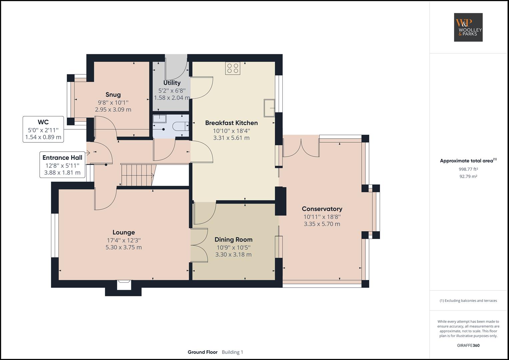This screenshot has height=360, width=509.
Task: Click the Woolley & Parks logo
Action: click(x=468, y=27)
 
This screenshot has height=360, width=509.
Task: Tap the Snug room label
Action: click(x=113, y=95)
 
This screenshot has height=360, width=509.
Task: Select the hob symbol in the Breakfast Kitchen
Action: click(x=233, y=68)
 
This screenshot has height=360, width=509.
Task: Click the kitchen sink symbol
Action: click(x=269, y=108)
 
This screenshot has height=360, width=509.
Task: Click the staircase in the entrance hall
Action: click(x=137, y=175)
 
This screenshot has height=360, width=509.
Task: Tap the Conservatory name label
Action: click(x=322, y=209)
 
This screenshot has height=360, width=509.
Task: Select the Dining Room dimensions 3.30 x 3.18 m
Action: click(x=233, y=255)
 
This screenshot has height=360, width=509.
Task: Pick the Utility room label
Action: click(x=172, y=83)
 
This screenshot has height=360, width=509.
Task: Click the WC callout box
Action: click(x=43, y=130)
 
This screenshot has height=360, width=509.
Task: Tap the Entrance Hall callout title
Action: click(x=62, y=158)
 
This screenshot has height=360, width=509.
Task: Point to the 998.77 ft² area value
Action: click(x=468, y=169)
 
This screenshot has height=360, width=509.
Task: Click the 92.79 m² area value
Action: click(x=468, y=176)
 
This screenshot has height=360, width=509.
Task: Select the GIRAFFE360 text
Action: click(x=468, y=345)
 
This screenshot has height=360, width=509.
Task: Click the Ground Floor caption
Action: click(x=202, y=352)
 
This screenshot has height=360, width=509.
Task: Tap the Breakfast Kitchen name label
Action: click(x=231, y=123)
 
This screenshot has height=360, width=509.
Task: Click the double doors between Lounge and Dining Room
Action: click(x=199, y=245)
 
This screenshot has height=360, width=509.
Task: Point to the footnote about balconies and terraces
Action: click(x=468, y=301)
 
